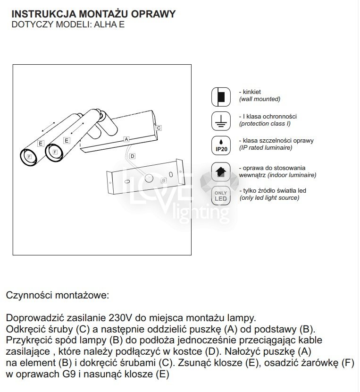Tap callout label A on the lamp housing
click(x=126, y=139)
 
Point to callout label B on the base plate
click(x=164, y=180)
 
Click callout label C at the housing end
click(x=159, y=128)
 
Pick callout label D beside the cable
click(x=132, y=156)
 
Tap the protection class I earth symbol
click(x=220, y=121)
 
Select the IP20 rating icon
click(x=220, y=145)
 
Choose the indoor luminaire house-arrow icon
click(x=220, y=172)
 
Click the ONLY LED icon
click(x=220, y=195)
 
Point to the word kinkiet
click(x=252, y=92)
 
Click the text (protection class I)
click(x=265, y=123)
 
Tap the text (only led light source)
click(x=269, y=198)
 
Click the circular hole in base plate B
click(x=150, y=179)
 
